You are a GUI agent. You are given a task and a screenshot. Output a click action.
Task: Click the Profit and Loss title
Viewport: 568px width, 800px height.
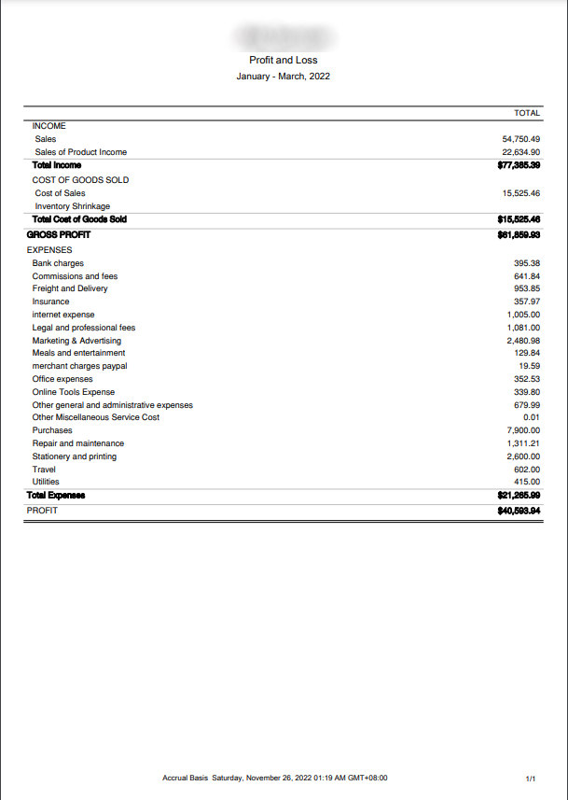pos(284,60)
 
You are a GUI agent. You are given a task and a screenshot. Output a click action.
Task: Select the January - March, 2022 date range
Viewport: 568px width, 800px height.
pos(284,76)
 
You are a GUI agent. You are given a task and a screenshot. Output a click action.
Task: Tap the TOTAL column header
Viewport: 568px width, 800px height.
pos(527,113)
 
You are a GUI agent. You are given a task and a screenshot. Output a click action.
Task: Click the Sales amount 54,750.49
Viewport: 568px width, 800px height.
pos(521,139)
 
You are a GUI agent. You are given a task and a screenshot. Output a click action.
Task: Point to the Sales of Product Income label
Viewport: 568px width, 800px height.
pos(80,152)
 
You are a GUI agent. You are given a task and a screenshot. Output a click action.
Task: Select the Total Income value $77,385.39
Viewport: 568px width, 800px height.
pos(520,165)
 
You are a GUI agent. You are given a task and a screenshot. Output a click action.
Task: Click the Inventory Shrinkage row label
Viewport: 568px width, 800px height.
pos(72,206)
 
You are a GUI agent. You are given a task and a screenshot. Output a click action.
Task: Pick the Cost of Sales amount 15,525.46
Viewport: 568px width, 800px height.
pos(521,193)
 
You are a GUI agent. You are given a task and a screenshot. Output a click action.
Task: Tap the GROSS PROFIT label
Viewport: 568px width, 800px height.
pos(59,235)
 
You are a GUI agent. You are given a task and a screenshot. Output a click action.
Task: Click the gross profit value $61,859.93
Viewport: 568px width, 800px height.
pos(520,235)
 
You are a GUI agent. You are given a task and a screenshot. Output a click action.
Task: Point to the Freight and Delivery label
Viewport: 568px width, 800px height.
pos(70,288)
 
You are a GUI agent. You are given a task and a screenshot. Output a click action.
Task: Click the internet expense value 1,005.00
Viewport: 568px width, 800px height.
pos(523,316)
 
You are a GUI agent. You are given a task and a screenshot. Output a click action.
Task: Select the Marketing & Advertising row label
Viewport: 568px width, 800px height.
pos(76,341)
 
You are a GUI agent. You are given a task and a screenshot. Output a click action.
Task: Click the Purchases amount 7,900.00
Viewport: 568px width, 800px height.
pos(523,430)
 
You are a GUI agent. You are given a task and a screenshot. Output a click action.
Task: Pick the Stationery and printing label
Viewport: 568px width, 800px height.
pos(75,456)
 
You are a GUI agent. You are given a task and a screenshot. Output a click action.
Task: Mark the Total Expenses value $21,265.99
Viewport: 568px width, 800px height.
pos(520,495)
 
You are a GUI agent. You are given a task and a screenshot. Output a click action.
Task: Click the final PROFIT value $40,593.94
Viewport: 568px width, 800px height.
pos(520,511)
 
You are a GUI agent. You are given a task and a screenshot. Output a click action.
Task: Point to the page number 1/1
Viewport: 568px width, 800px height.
pos(531,777)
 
